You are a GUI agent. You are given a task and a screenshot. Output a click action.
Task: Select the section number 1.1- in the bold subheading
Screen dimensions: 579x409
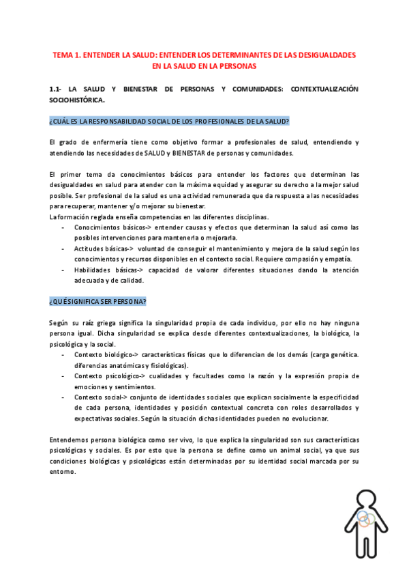pyautogui.click(x=57, y=89)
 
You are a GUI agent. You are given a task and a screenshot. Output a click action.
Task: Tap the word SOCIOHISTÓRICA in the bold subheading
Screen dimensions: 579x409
pyautogui.click(x=77, y=100)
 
